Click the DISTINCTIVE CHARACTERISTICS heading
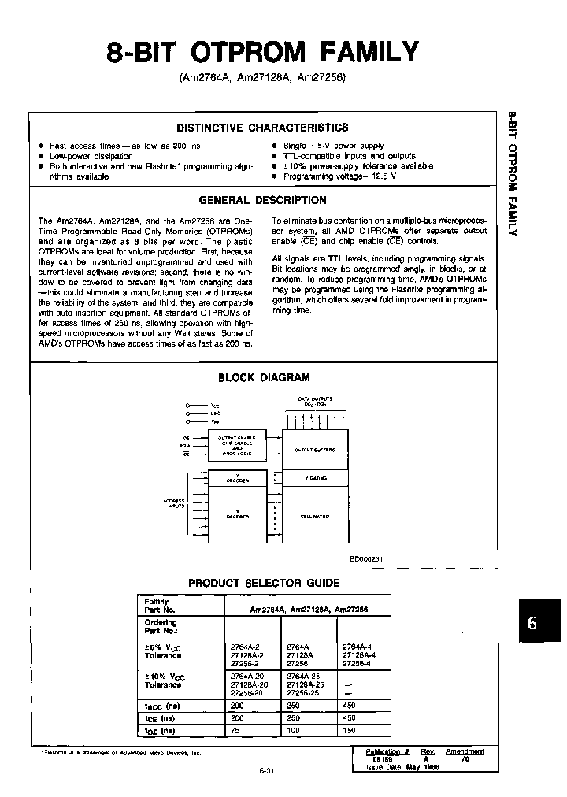click(262, 128)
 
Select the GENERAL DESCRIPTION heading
click(262, 200)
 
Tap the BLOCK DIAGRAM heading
click(263, 377)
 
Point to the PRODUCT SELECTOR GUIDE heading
click(264, 583)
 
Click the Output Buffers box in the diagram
click(315, 450)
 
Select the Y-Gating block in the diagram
click(315, 478)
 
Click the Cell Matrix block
click(315, 516)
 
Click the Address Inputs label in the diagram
click(174, 503)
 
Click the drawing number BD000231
click(366, 559)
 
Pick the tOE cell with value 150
click(351, 730)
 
